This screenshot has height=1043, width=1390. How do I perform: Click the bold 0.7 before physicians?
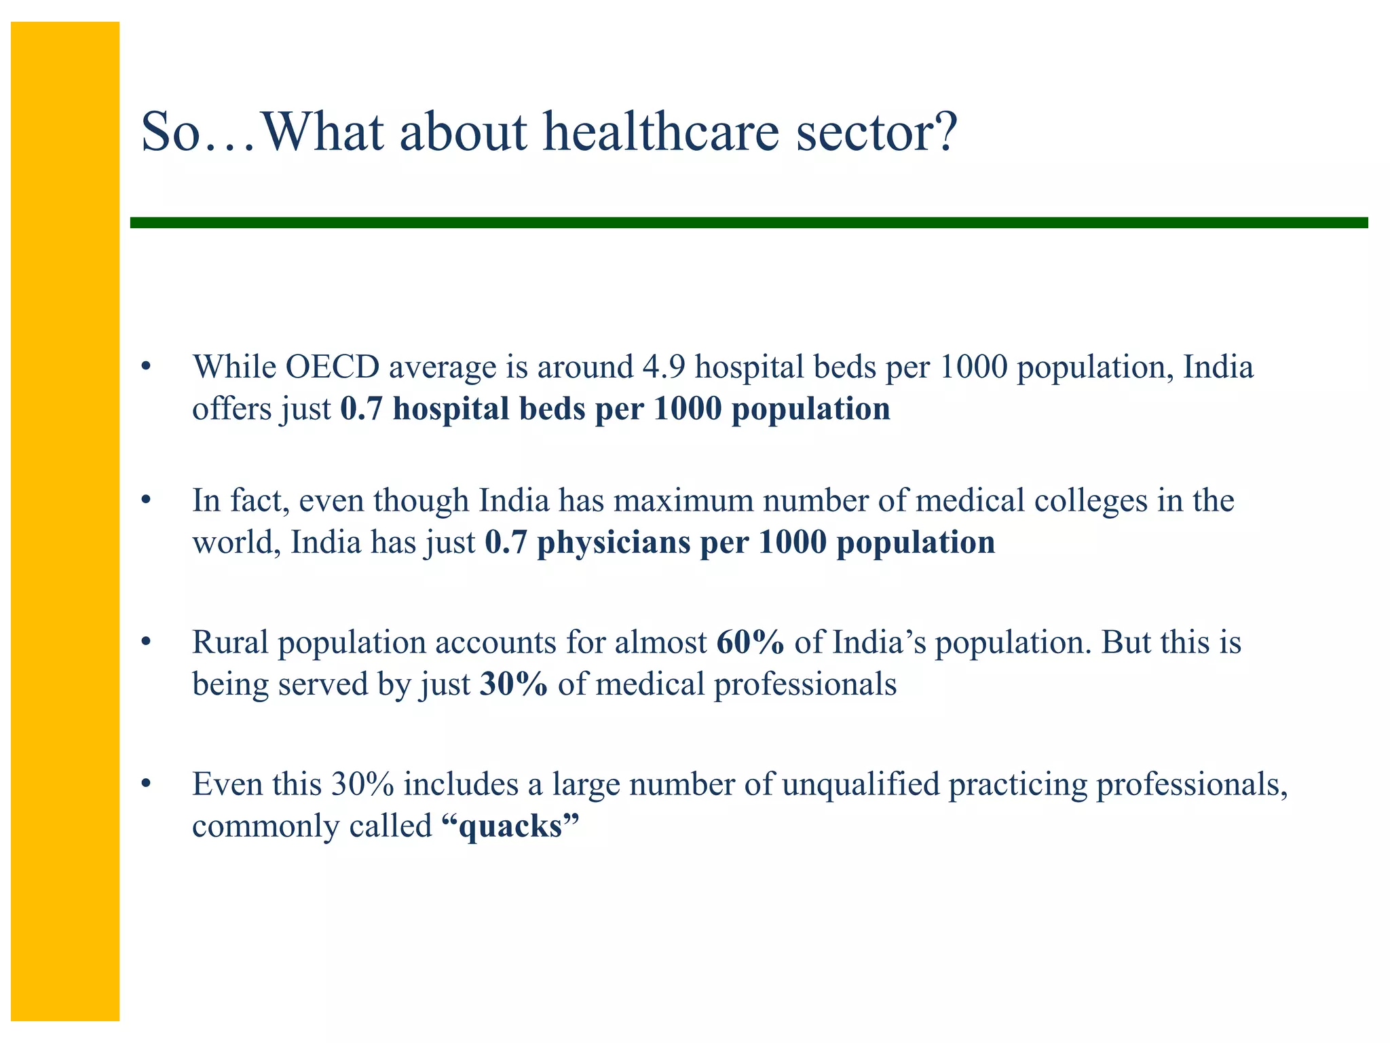point(506,543)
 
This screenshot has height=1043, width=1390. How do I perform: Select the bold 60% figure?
point(750,642)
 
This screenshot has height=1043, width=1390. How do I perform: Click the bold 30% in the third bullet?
point(513,684)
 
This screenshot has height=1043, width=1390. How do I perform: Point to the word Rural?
point(230,642)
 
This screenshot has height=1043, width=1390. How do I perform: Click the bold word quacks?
point(510,826)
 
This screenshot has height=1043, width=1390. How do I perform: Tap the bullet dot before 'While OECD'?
point(145,367)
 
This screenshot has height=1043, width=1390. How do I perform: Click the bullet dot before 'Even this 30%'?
point(145,784)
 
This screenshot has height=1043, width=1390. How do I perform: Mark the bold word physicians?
point(613,543)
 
